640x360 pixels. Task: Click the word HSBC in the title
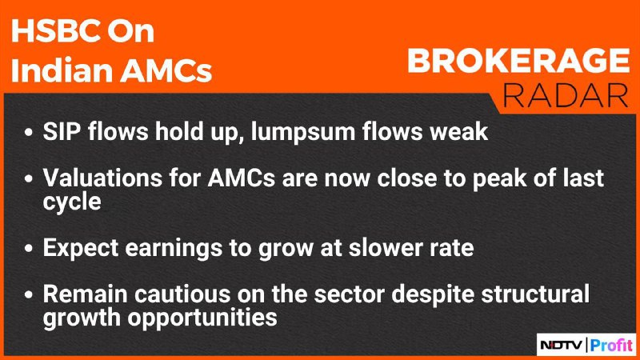click(x=54, y=31)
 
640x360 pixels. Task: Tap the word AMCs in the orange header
click(x=166, y=70)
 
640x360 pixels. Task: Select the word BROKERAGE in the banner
click(x=518, y=61)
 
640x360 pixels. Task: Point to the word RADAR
click(x=566, y=96)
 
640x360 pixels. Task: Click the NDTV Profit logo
click(x=586, y=346)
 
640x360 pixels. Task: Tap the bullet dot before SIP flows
click(x=28, y=132)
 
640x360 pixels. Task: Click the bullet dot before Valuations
click(x=28, y=178)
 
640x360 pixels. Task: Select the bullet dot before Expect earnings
click(x=28, y=248)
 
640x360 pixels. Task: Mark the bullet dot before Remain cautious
click(x=28, y=294)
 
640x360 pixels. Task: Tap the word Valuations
click(x=102, y=178)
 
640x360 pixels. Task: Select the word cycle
click(x=72, y=202)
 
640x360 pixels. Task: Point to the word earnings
click(x=175, y=249)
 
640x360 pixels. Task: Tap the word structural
click(x=535, y=294)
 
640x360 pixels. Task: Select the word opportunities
click(x=202, y=318)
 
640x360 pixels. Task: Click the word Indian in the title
click(x=62, y=70)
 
